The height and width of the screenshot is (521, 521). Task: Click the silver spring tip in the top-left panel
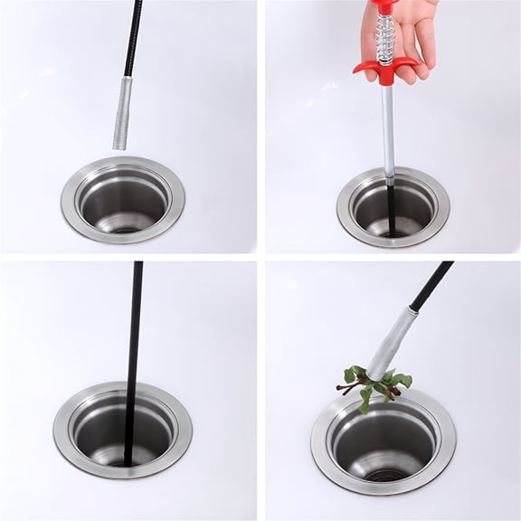[121, 113]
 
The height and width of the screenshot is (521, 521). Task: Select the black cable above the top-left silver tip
[133, 36]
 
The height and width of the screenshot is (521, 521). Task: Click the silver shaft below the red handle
[387, 127]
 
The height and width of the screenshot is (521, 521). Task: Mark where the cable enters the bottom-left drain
[128, 457]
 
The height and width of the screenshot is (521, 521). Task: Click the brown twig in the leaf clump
[348, 388]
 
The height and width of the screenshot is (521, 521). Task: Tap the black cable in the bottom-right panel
[432, 287]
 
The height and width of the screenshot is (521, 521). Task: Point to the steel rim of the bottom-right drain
[326, 461]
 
